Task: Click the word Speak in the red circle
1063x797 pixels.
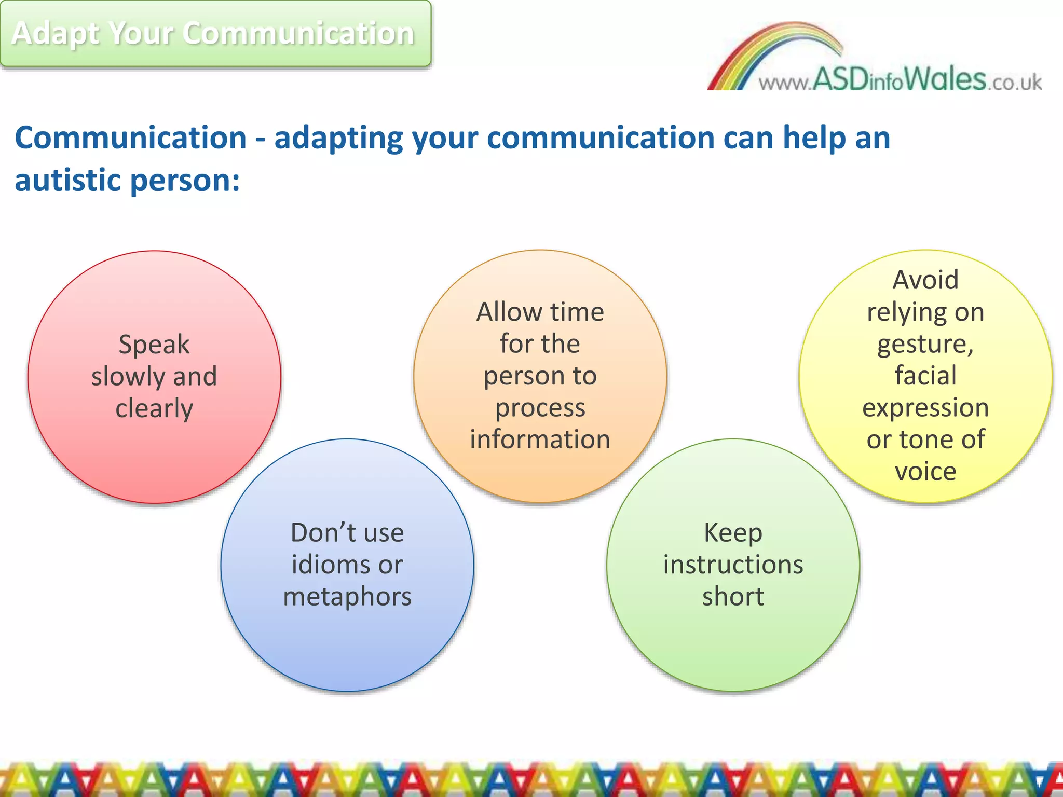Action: (x=154, y=345)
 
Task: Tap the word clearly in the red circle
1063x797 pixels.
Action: (x=154, y=409)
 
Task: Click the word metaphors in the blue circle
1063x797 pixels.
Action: (x=347, y=597)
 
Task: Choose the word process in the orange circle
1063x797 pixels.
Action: (x=540, y=408)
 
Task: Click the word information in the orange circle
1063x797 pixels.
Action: (x=540, y=439)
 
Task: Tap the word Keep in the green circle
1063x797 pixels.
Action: (x=733, y=533)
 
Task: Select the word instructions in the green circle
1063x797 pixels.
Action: (x=733, y=565)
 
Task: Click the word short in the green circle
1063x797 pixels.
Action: (x=733, y=597)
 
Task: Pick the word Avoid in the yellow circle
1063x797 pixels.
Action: (x=925, y=280)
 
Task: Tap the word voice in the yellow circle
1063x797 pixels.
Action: (x=925, y=472)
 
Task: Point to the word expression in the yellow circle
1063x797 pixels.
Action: (x=925, y=408)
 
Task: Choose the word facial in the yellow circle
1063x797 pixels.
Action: (x=925, y=376)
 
